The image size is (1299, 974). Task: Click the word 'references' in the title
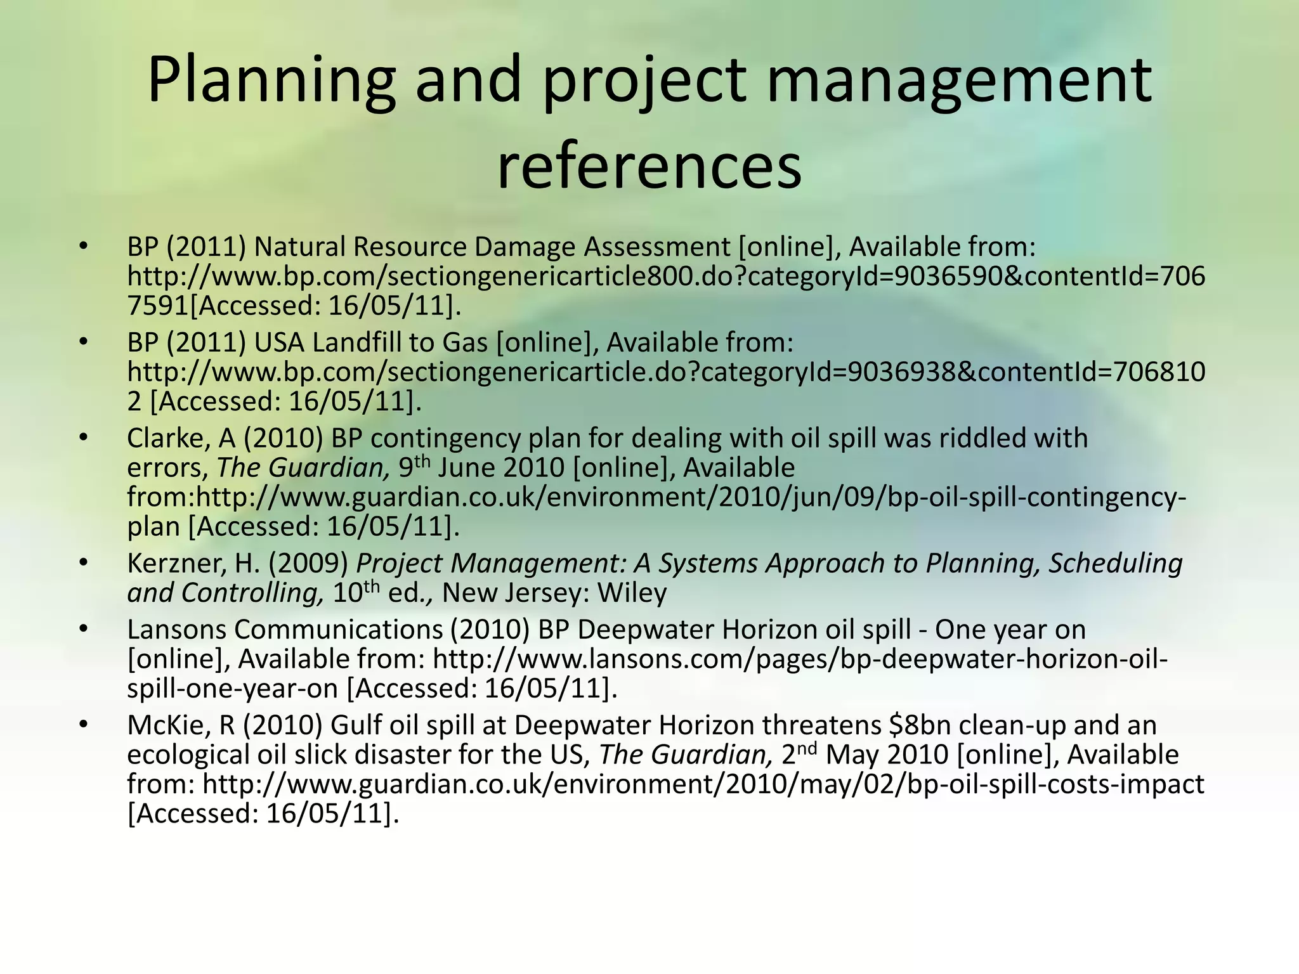[x=649, y=168]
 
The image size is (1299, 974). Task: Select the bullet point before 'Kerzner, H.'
[x=82, y=563]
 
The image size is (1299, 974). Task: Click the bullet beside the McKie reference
[x=82, y=725]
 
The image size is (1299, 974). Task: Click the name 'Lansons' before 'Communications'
[x=176, y=630]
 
